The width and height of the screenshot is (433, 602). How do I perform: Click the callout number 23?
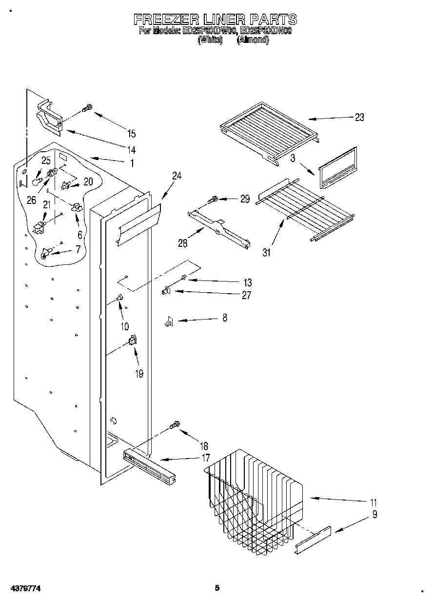point(359,117)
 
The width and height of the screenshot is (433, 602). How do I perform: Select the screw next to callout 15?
point(88,108)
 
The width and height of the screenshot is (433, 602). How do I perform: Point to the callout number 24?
point(177,176)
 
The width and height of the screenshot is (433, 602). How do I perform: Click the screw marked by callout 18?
point(175,426)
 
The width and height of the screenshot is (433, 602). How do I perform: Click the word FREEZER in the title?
point(166,20)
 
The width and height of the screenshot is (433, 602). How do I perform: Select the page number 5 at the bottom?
point(217,588)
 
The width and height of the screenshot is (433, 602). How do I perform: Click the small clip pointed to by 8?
point(169,322)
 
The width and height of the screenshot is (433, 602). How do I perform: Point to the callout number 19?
point(139,374)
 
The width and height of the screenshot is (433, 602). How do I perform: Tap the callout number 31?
point(266,252)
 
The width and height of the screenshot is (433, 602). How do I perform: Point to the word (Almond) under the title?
point(253,40)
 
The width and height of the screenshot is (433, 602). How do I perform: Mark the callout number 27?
point(247,295)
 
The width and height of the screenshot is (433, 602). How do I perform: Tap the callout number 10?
point(124,326)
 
